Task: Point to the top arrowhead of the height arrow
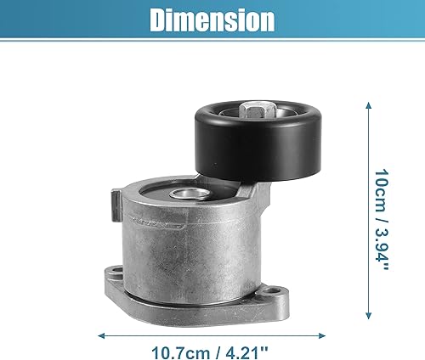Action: pos(368,104)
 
